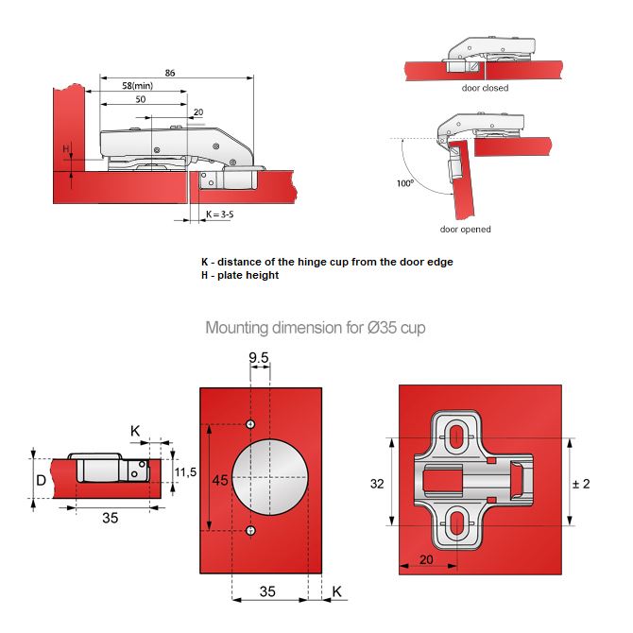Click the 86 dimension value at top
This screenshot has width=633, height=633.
(169, 72)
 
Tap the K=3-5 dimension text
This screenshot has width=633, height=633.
(218, 215)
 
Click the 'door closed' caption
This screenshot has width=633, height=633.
(485, 88)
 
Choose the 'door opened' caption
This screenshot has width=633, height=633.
(465, 230)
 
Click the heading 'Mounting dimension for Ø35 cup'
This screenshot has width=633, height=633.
(316, 329)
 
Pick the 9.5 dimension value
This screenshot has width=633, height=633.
(259, 357)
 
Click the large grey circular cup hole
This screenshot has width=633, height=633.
(269, 478)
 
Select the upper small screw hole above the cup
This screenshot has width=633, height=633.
(250, 424)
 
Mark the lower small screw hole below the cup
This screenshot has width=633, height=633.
(250, 532)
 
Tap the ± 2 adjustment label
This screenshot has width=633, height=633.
(583, 484)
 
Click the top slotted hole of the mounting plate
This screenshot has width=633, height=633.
(456, 436)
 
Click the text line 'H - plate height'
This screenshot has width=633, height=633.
(240, 276)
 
